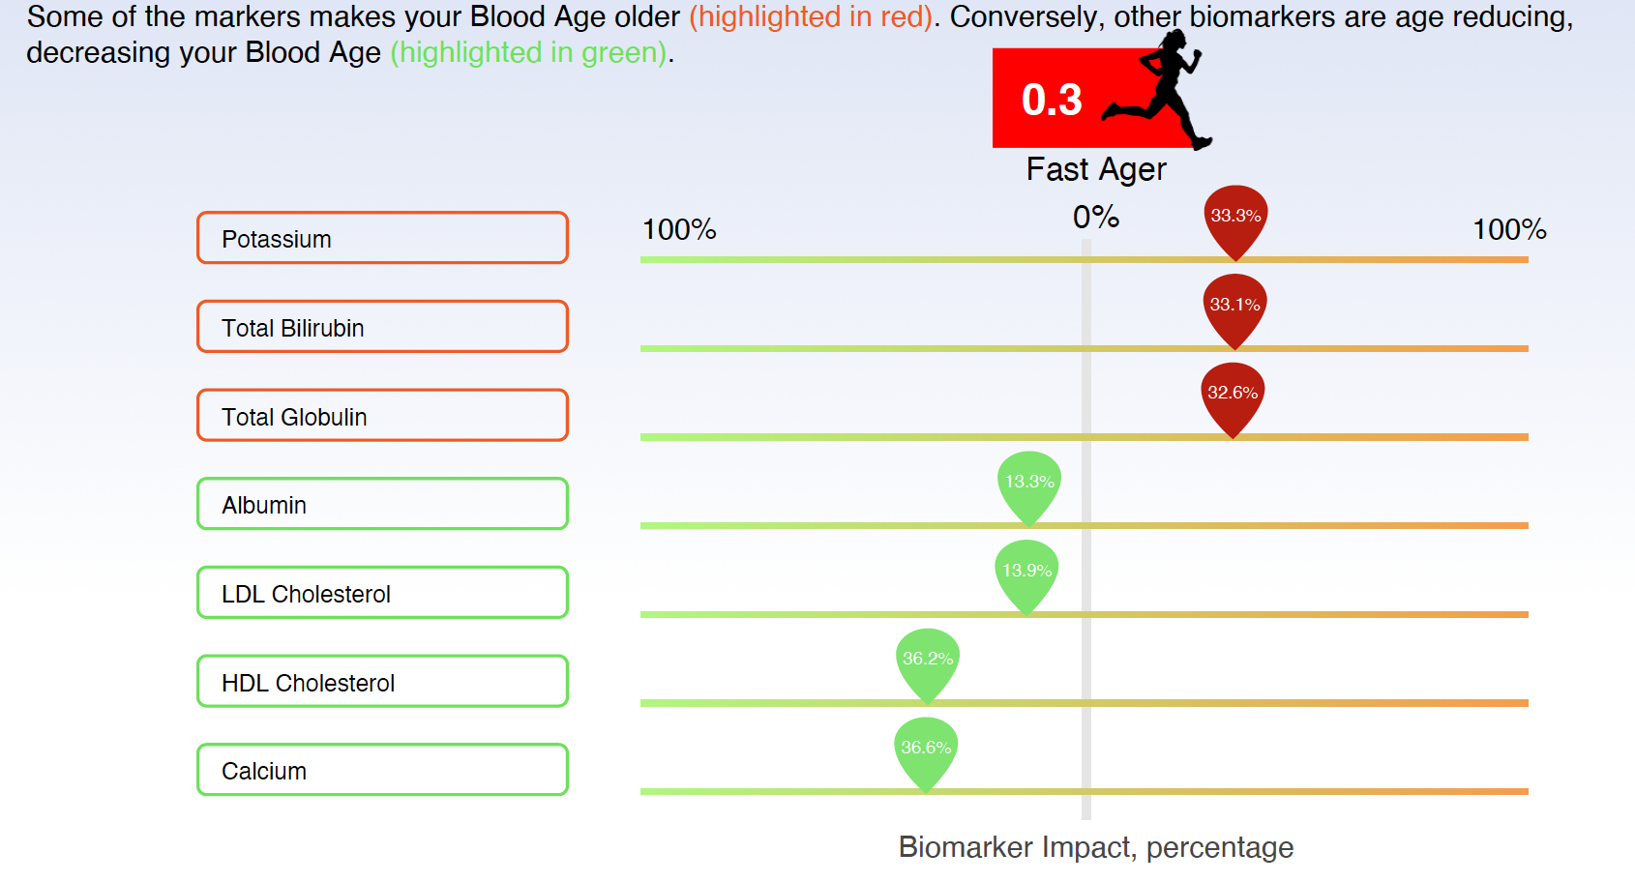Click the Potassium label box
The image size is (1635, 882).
click(382, 238)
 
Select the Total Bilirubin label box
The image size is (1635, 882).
click(382, 327)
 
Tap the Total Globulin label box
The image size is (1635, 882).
click(382, 415)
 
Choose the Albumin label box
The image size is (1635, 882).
click(382, 504)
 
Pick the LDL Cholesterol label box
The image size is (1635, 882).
click(382, 593)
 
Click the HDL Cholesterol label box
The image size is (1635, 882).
click(382, 682)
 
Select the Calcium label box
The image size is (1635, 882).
click(382, 770)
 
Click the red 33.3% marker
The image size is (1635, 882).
click(1235, 221)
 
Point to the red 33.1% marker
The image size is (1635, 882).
click(1235, 310)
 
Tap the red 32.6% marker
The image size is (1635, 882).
click(1233, 398)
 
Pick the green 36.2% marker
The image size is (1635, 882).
click(928, 664)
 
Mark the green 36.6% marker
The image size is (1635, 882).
click(926, 753)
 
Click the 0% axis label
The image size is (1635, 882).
click(1095, 218)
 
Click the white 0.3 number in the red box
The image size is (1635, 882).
click(1052, 100)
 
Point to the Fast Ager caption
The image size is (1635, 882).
click(1096, 170)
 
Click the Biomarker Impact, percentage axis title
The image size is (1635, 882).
click(1096, 848)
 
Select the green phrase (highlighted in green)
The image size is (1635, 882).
click(529, 52)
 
